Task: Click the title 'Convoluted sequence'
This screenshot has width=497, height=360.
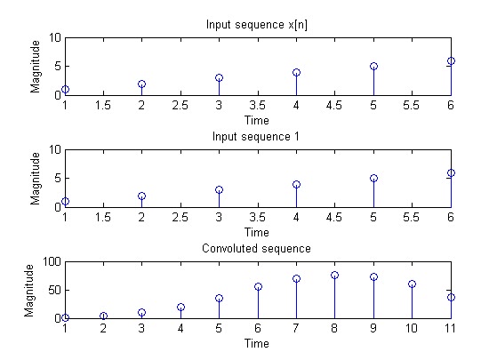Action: tap(258, 248)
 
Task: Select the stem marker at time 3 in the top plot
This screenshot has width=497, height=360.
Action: tap(219, 77)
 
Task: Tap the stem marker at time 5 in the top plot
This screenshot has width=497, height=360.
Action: tap(373, 66)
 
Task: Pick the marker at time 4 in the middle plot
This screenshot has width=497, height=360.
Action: tap(296, 184)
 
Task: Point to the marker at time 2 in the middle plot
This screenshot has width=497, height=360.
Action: tap(141, 196)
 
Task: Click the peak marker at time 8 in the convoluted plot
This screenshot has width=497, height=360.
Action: tap(335, 275)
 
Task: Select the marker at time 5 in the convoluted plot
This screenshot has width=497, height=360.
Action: tap(219, 298)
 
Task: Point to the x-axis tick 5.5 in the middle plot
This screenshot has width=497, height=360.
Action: tap(412, 217)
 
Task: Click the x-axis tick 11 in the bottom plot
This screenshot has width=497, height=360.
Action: tap(450, 329)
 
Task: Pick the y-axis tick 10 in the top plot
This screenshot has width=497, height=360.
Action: tap(55, 37)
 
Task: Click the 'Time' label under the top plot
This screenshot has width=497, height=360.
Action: tap(258, 117)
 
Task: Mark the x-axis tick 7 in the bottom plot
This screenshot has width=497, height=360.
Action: tap(296, 329)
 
